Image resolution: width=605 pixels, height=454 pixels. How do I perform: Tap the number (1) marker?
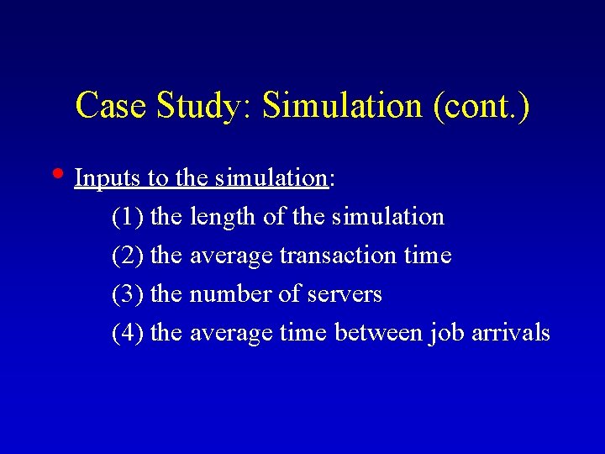128,217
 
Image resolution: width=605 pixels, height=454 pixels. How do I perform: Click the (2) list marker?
128,256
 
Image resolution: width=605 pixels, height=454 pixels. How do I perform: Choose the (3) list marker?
128,294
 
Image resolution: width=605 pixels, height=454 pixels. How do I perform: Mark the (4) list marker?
128,333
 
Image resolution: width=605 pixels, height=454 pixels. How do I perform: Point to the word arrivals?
511,333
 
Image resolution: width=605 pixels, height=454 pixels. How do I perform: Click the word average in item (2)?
231,256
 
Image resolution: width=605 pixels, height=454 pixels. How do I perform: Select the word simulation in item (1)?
387,217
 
